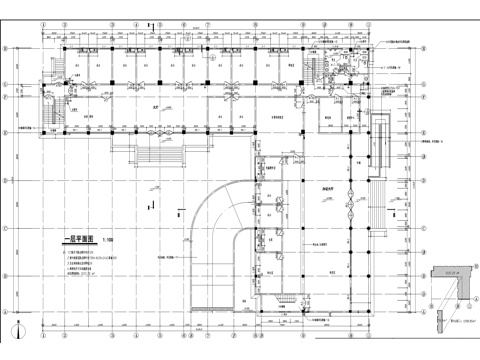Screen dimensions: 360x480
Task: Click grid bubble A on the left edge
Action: point(9,310)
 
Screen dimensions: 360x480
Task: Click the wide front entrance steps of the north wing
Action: point(154,155)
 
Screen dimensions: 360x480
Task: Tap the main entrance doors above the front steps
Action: point(155,133)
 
